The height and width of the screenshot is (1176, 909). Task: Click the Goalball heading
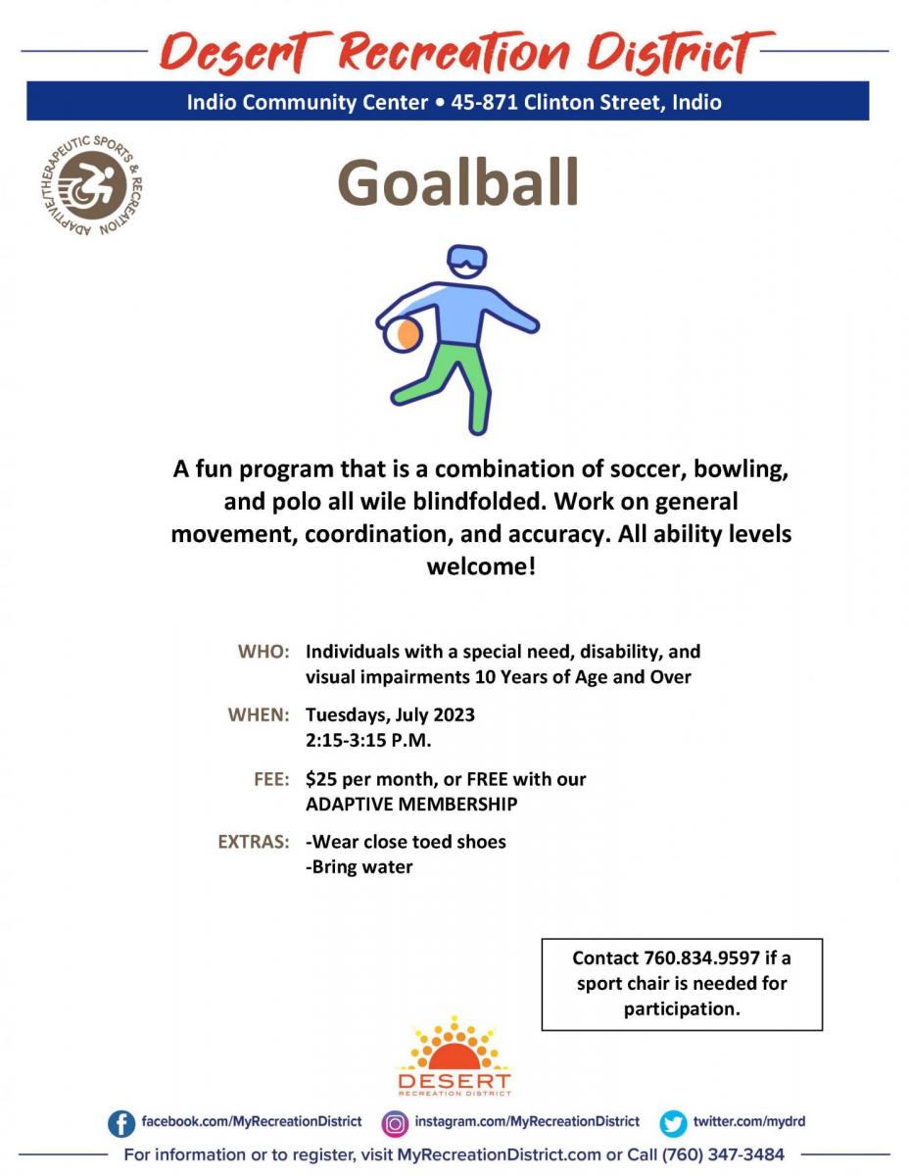[457, 182]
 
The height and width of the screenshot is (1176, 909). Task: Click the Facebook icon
[121, 1123]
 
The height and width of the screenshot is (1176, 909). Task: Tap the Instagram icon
[395, 1123]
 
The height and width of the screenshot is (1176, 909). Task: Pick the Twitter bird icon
[673, 1123]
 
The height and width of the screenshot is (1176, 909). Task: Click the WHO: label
[263, 651]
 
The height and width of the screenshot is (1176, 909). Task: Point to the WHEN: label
[259, 714]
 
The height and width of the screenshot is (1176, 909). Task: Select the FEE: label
[272, 779]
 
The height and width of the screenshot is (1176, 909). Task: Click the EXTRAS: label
[254, 842]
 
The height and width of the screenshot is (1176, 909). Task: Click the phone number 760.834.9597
[701, 957]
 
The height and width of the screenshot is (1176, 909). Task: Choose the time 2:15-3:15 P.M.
[368, 740]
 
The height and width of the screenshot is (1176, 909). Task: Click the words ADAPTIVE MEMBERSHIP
[411, 804]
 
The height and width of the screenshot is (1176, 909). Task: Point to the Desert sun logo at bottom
[454, 1055]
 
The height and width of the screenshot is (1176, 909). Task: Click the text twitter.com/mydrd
[749, 1121]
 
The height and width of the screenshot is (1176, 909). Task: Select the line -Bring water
[359, 867]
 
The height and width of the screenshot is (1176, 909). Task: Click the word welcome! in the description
[481, 567]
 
